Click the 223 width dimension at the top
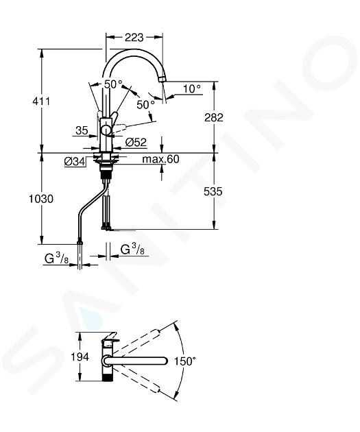tap(134, 38)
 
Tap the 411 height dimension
tap(41, 101)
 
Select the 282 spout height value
tap(214, 117)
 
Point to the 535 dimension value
tap(213, 191)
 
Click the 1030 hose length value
tap(41, 199)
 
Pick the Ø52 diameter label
tap(136, 143)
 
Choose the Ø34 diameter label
tap(75, 162)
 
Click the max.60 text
tap(160, 159)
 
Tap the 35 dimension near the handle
tap(82, 130)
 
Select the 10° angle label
tap(192, 88)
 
